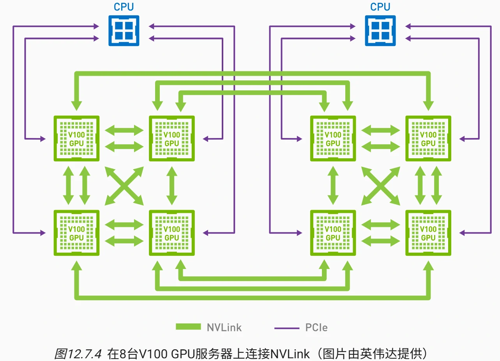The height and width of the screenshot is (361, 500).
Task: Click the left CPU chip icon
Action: (124, 30)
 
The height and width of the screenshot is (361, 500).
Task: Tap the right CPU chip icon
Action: (380, 30)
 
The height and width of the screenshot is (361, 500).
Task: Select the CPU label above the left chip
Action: (124, 7)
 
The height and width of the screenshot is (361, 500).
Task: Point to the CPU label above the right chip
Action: (380, 7)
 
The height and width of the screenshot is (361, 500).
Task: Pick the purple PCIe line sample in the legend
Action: (286, 328)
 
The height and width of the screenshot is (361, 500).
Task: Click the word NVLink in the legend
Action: (224, 327)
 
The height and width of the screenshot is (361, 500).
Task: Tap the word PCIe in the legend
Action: (316, 327)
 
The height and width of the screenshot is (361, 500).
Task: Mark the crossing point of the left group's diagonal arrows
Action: (124, 186)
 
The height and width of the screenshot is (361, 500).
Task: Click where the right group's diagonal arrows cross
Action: (380, 186)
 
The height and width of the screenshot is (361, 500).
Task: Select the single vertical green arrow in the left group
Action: (171, 186)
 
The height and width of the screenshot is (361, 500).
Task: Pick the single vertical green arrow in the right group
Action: (333, 186)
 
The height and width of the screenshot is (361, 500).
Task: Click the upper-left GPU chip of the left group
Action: (76, 138)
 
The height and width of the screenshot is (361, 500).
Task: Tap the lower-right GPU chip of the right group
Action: (428, 233)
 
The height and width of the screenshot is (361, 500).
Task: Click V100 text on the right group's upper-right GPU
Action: (428, 134)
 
